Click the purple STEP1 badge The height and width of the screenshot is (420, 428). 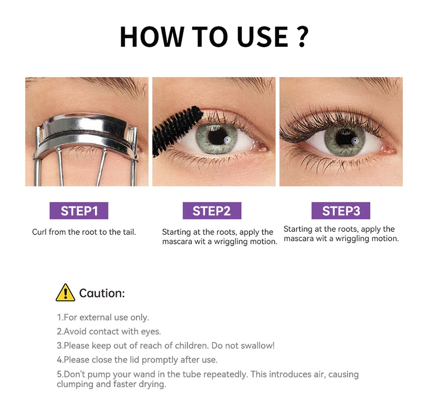point(79,210)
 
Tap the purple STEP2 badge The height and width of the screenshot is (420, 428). point(212,210)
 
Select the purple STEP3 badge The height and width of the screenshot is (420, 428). point(341,210)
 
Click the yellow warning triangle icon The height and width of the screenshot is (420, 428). point(66,292)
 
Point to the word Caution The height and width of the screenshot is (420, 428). point(102,293)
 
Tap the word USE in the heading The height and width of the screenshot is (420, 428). point(263,37)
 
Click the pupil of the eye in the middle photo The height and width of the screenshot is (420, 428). point(217,137)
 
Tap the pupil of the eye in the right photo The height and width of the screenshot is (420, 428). point(344,137)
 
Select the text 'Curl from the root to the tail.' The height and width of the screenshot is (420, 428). point(84,232)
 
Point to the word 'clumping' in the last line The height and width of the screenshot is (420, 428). point(75,384)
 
